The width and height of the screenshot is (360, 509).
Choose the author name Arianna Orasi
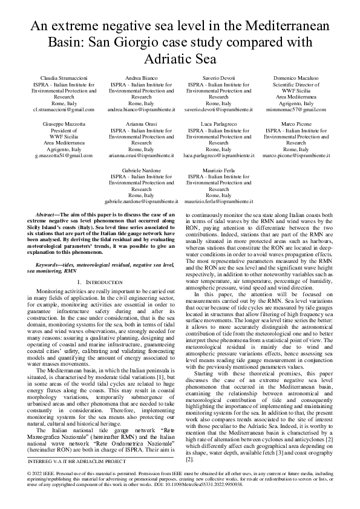click(141, 123)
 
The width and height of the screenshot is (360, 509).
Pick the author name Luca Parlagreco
click(218, 123)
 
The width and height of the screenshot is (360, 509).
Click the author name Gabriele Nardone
click(141, 169)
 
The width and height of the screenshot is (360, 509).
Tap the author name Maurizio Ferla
click(218, 169)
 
